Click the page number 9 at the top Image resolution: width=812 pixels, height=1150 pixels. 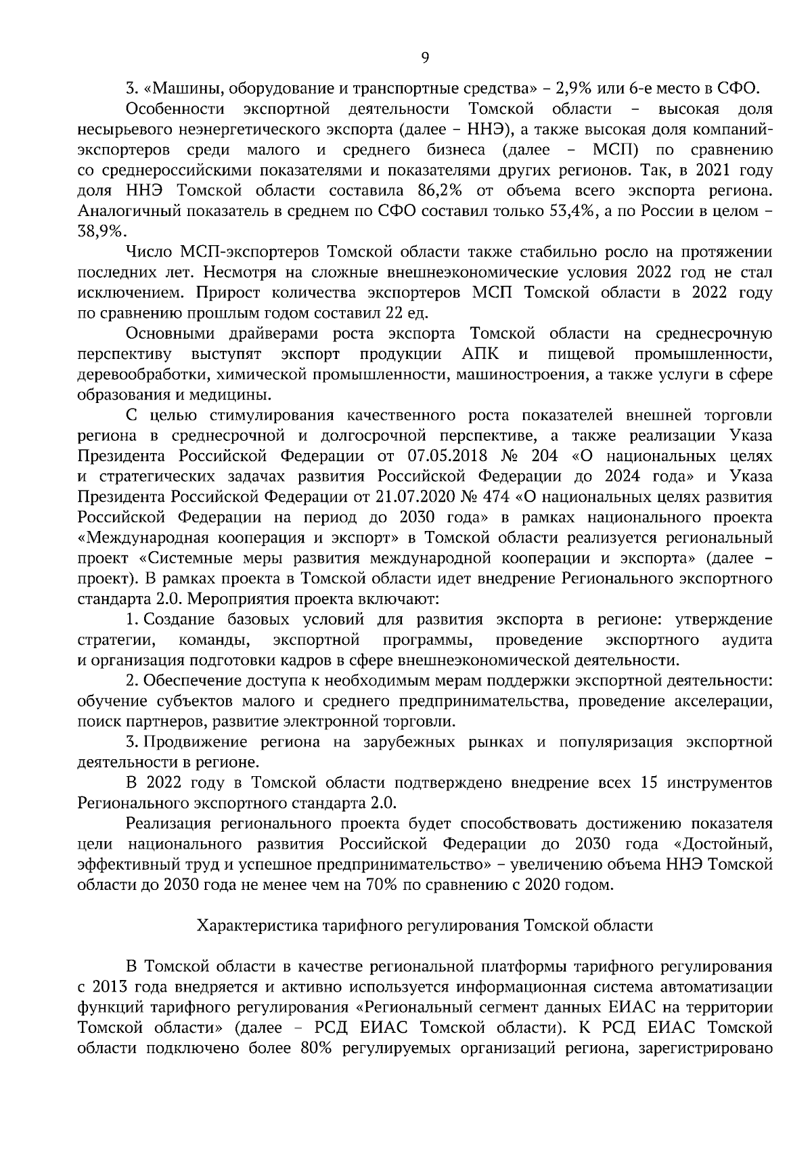pos(425,58)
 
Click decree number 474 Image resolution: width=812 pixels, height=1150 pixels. pos(497,497)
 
